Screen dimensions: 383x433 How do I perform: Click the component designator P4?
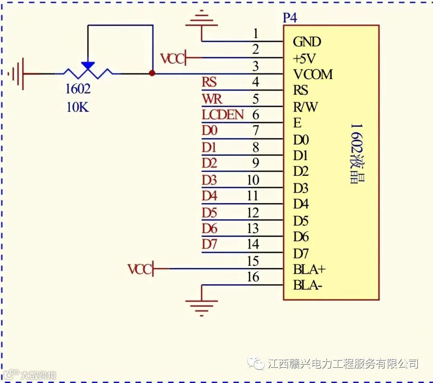290,18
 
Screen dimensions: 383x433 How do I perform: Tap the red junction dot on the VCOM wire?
152,73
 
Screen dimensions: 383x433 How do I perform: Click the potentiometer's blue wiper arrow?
88,66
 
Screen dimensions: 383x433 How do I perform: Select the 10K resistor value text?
78,107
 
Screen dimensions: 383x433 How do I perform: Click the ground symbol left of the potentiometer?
18,74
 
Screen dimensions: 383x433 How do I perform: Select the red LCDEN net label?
223,115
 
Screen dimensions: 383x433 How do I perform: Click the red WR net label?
212,99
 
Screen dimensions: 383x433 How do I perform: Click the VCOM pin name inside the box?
313,74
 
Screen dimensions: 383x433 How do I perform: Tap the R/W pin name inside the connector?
306,107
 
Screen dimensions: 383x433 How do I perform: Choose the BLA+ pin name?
310,269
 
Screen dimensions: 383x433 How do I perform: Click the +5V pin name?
304,59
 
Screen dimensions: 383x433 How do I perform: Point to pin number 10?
253,180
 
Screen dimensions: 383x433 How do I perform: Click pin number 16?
253,277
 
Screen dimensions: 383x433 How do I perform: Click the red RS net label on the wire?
209,82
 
